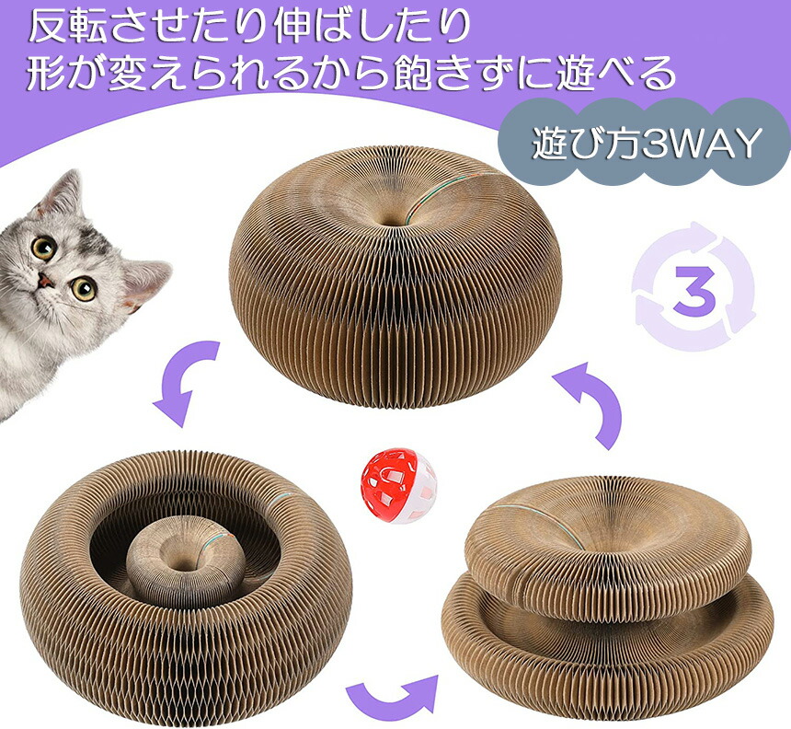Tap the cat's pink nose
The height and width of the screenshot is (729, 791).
coord(46,280)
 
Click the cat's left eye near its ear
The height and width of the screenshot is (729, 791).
coord(43,247)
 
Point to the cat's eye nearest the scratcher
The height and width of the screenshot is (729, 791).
coord(84,288)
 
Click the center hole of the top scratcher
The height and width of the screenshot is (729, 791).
coord(391,221)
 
